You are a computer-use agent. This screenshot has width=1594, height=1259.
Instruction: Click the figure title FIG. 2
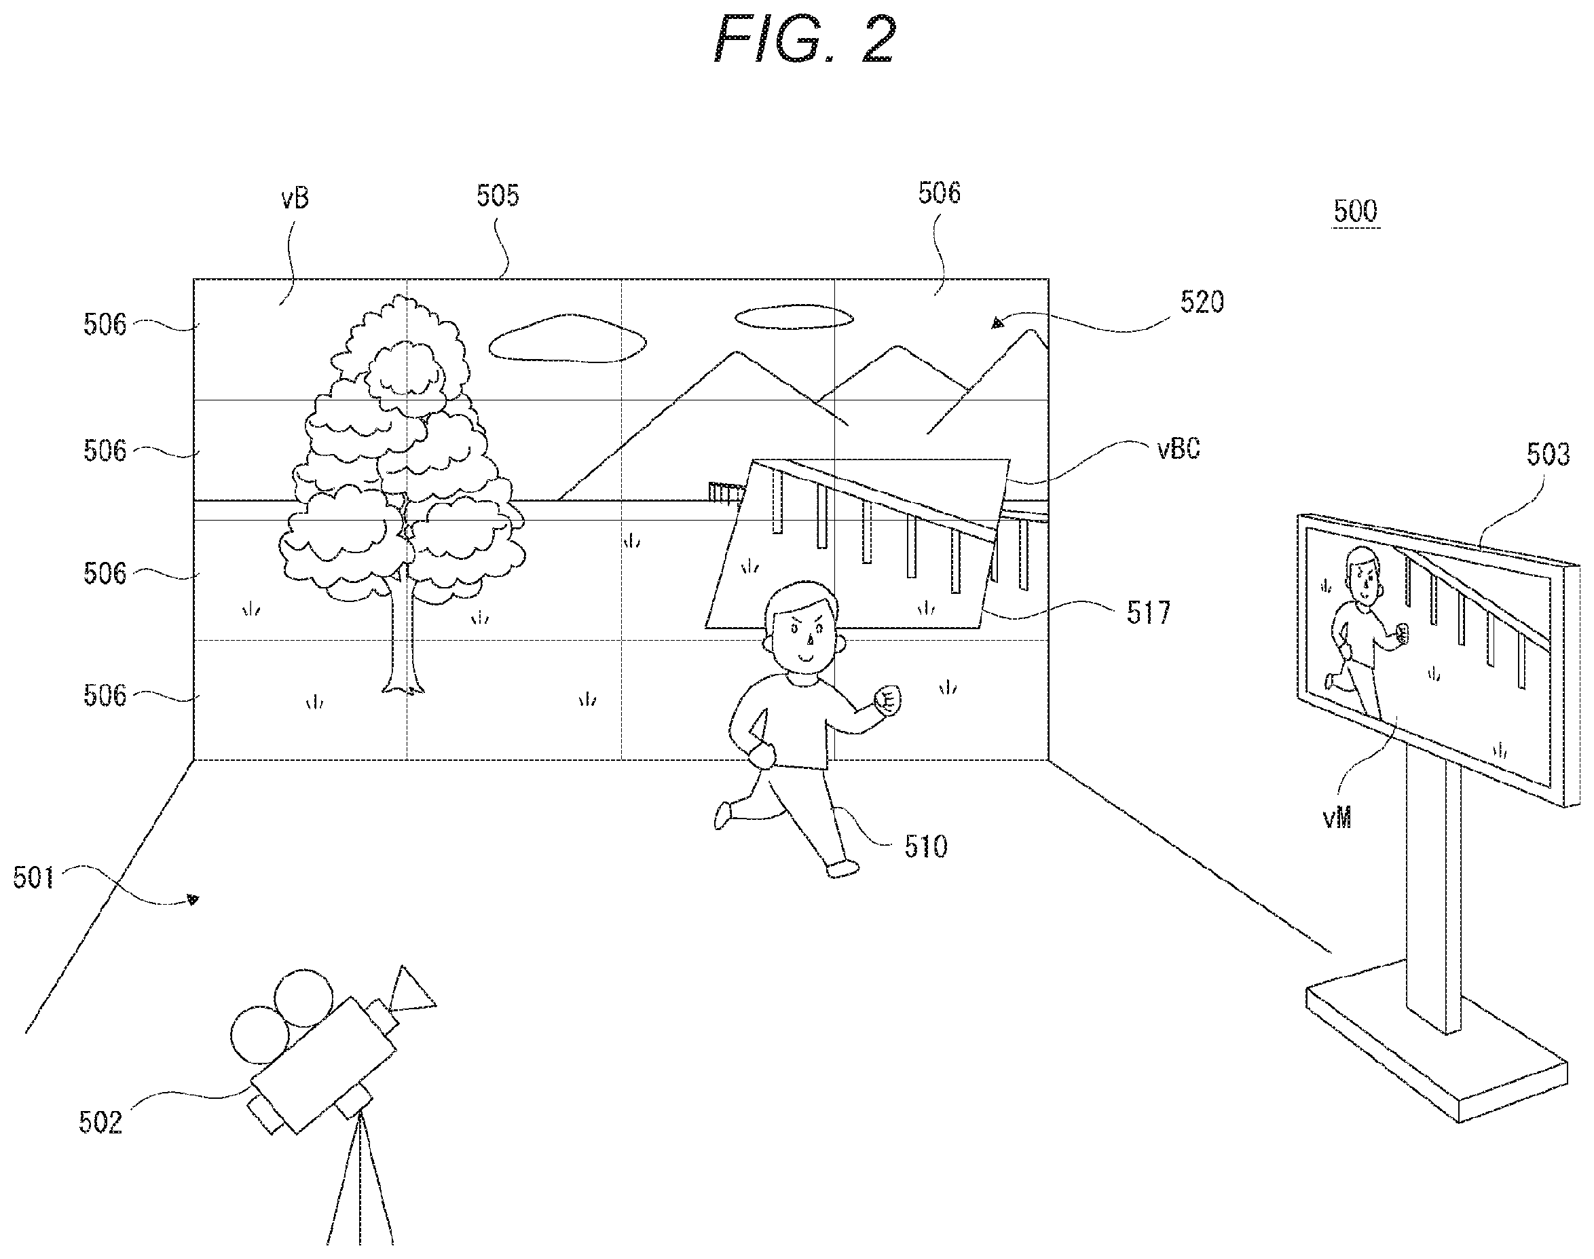805,41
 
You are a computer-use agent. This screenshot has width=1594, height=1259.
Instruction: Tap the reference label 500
1355,212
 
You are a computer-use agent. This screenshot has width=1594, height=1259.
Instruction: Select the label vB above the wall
295,198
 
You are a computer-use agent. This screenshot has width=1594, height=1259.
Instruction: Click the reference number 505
498,195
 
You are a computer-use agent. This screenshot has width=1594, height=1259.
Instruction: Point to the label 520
1202,302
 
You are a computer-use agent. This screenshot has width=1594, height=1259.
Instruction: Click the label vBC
1178,448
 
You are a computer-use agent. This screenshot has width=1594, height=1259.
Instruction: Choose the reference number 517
1148,614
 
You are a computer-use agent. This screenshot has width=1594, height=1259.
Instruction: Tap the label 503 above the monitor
1548,455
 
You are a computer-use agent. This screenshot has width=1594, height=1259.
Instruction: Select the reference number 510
926,847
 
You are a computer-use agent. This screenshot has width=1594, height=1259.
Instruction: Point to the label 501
34,878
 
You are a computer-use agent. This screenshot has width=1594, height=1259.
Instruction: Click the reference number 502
100,1123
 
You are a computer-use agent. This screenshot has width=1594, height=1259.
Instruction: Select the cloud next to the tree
567,339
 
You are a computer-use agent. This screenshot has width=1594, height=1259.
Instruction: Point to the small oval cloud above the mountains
794,317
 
